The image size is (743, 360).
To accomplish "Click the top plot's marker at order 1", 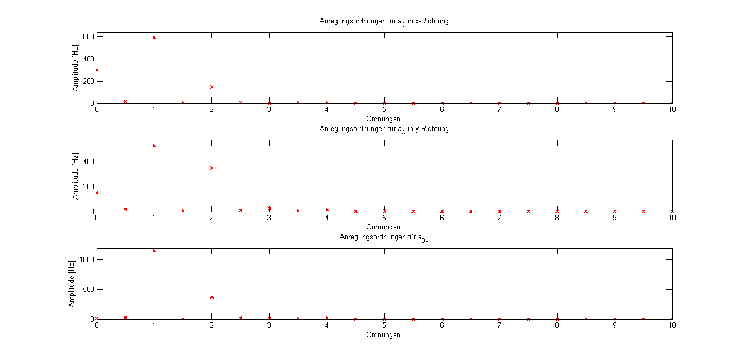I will click(x=154, y=38).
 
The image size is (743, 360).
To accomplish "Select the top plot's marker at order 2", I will click(x=212, y=87).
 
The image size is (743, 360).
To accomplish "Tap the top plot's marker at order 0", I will click(x=97, y=70).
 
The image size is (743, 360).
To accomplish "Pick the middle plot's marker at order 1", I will click(x=154, y=146).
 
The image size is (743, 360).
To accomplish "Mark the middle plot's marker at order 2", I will click(x=212, y=168).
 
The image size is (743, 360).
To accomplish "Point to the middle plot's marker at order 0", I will click(x=97, y=193).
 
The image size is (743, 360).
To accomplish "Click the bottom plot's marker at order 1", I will click(x=154, y=251).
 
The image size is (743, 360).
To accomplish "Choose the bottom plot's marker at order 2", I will click(x=212, y=297).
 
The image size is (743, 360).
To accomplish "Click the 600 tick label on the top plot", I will click(x=89, y=36).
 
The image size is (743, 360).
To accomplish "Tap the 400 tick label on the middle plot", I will click(x=89, y=162).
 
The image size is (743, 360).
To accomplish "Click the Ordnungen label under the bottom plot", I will click(x=384, y=335).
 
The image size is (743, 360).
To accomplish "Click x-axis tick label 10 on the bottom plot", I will click(x=672, y=326).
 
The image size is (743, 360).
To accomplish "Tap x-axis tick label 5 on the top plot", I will click(x=384, y=110).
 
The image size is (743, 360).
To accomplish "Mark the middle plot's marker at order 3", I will click(x=270, y=208).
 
